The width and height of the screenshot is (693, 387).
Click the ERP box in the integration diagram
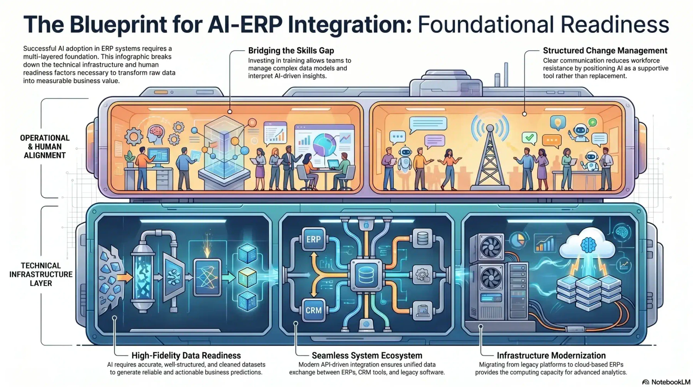pos(313,240)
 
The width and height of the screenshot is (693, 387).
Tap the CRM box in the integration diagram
pos(313,310)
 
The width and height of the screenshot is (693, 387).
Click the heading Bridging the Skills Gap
pos(291,50)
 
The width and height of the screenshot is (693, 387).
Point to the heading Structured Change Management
pos(605,50)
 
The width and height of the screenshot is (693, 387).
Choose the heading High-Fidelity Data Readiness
pos(186,355)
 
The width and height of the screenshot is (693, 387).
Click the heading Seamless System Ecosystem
pos(367,355)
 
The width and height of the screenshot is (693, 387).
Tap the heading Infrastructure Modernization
pos(551,355)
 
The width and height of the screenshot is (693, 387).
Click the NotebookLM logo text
pos(671,382)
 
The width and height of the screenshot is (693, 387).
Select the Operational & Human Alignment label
pos(45,147)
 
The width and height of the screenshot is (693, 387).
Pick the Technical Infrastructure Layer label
pos(41,274)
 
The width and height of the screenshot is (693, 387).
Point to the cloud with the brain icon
pos(589,242)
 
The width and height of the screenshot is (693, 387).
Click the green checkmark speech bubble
pos(529,137)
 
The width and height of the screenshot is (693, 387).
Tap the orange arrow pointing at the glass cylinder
pos(124,277)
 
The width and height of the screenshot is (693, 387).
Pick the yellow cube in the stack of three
pos(247,277)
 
